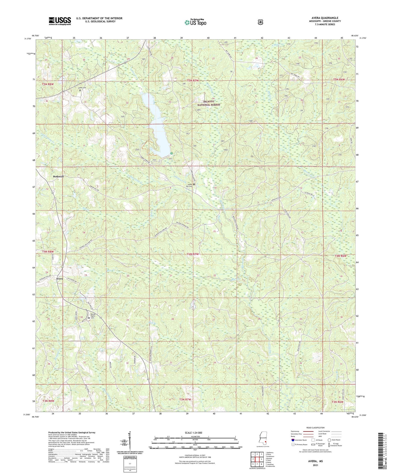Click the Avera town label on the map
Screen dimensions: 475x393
pos(59,279)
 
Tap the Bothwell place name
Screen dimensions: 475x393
pos(58,177)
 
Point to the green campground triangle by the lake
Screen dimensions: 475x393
pos(171,153)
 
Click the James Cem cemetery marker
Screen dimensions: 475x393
pos(80,91)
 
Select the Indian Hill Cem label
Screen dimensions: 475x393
pos(189,185)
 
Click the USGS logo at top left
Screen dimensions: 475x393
pos(60,21)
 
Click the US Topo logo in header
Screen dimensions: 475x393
pos(195,22)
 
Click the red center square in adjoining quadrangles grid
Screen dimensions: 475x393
pos(257,459)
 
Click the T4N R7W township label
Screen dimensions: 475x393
pos(193,254)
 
